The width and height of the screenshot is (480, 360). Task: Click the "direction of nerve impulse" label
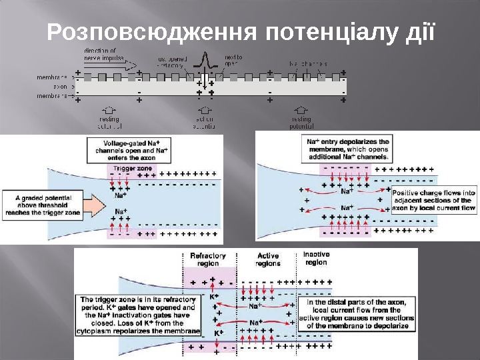[x=100, y=54]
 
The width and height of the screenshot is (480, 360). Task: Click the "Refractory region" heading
[x=208, y=259]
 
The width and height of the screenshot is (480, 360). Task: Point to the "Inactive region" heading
[x=316, y=258]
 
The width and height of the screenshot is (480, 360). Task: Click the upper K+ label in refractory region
[x=214, y=296]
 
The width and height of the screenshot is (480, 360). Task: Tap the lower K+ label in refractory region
[x=217, y=331]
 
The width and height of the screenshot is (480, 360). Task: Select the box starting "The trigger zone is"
[x=139, y=315]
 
